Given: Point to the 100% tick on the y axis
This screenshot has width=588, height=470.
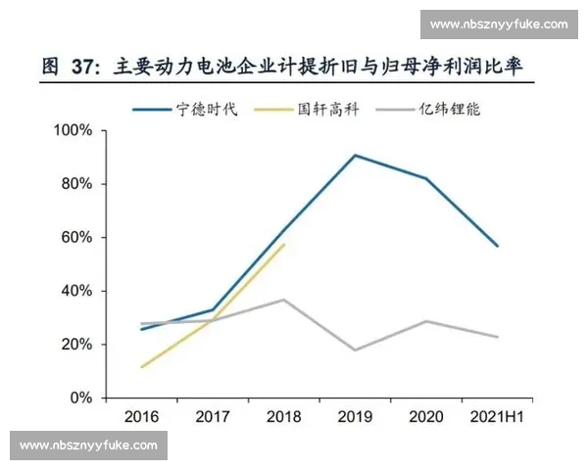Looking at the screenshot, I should click(x=73, y=130).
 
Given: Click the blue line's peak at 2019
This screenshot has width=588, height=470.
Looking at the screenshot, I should click(x=355, y=155).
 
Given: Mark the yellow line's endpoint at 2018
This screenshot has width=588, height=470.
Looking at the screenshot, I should click(x=284, y=245).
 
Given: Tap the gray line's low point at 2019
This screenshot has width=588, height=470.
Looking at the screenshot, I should click(x=355, y=350).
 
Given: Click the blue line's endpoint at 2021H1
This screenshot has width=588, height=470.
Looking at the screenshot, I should click(x=498, y=246).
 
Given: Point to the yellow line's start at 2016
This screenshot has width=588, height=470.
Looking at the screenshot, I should click(x=142, y=367).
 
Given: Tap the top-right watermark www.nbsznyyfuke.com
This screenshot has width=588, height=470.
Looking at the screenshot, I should click(x=500, y=23).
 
